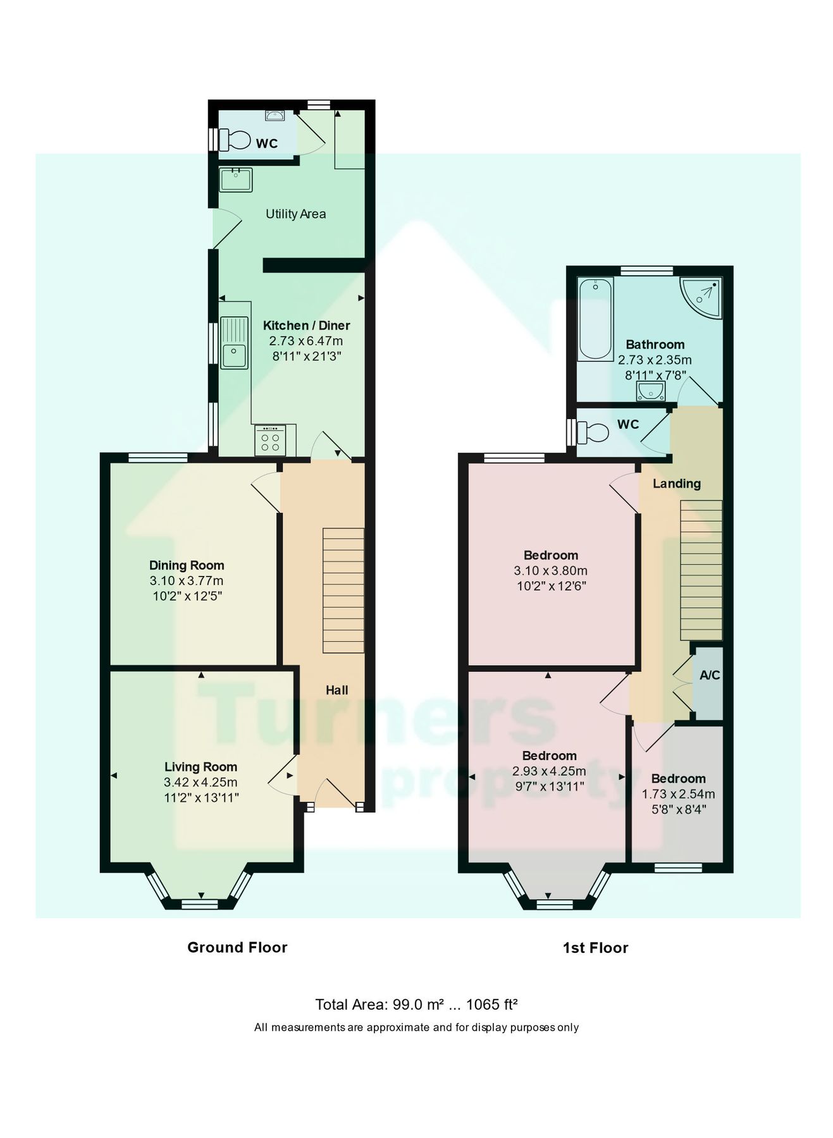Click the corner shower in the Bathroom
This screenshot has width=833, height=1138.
[702, 297]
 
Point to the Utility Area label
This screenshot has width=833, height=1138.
[295, 214]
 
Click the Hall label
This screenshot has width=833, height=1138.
[336, 690]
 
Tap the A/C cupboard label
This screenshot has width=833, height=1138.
[710, 675]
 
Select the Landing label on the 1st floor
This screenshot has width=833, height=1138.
[676, 484]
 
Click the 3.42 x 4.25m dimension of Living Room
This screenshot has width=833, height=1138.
[201, 782]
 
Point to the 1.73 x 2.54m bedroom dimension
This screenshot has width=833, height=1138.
[678, 794]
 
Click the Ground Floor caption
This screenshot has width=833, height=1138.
[237, 947]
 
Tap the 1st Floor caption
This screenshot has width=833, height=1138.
[595, 948]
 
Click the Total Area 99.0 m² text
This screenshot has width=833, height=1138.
[416, 1004]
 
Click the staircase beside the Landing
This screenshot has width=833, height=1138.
[701, 570]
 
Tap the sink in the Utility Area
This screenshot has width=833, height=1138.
[235, 180]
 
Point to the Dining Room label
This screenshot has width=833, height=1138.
[187, 565]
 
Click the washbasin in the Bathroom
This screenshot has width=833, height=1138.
[651, 393]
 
